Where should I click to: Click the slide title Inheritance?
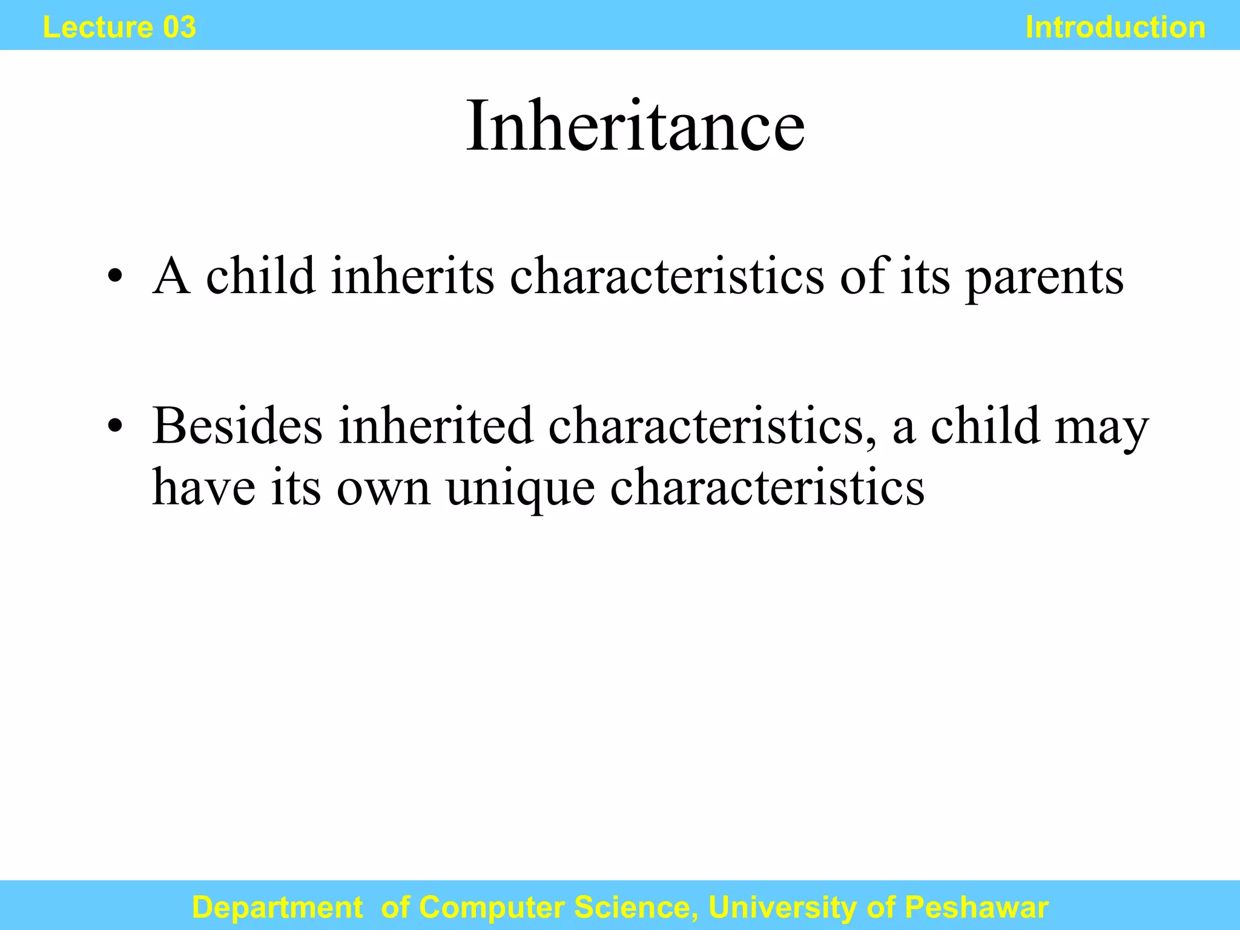tap(635, 127)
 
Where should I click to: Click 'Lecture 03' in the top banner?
tap(119, 27)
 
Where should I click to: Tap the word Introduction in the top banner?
tap(1115, 27)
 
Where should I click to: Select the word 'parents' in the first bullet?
tap(1044, 277)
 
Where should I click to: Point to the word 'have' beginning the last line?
tap(203, 487)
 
